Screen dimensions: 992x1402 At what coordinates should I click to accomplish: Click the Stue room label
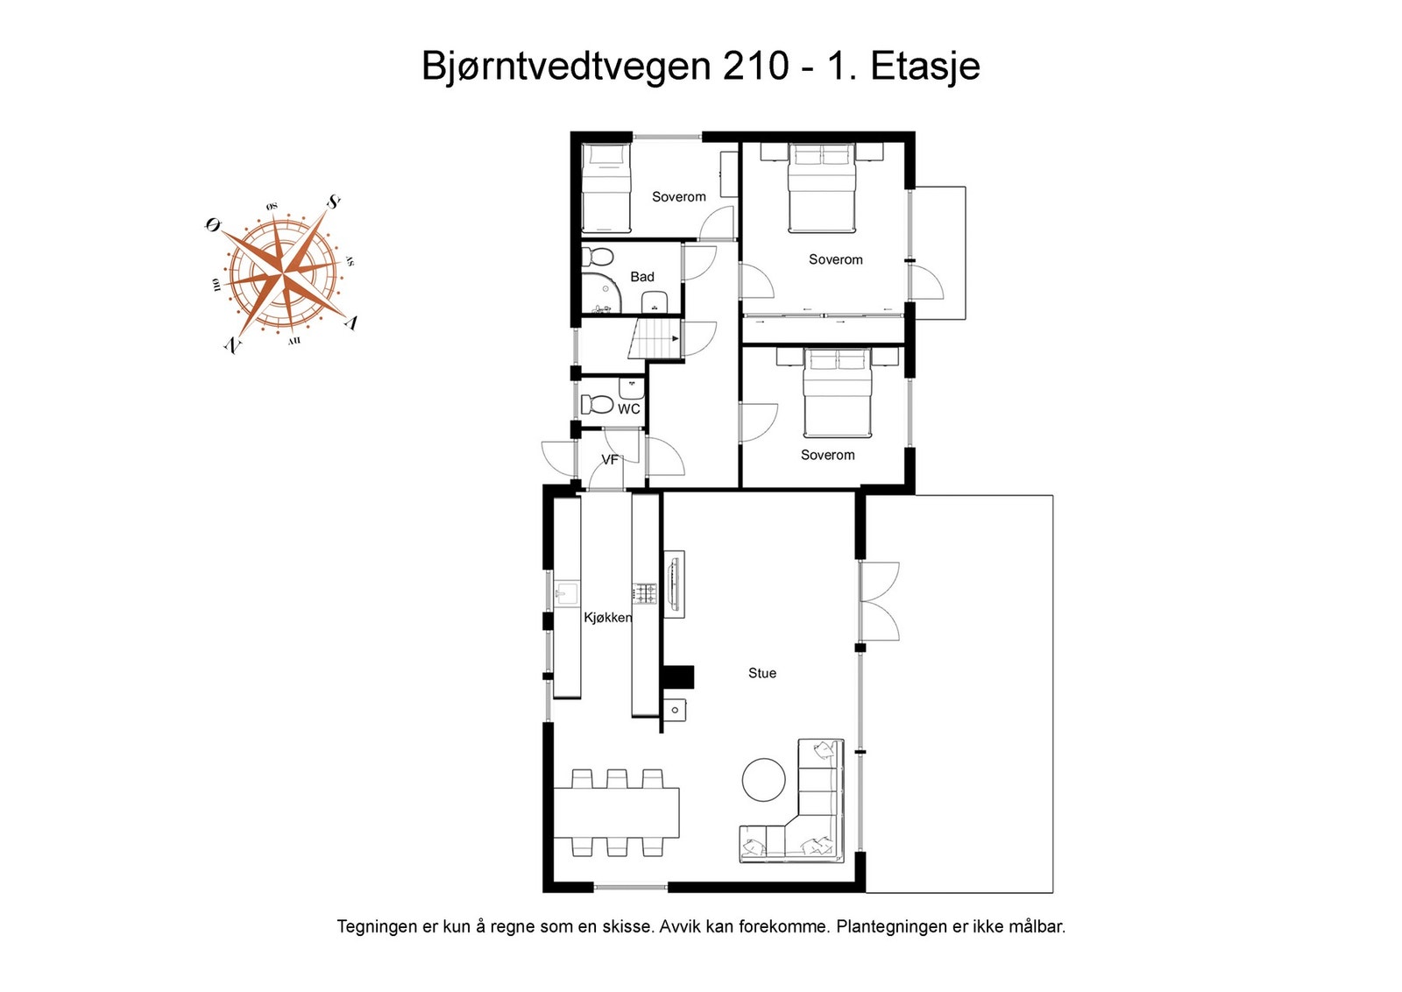tap(761, 673)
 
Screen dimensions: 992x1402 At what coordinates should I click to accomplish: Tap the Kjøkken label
tap(607, 618)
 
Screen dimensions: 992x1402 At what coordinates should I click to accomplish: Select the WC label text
tap(629, 409)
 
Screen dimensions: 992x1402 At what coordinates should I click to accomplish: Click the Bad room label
tap(642, 277)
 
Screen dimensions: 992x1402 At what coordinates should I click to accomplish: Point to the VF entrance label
tap(610, 460)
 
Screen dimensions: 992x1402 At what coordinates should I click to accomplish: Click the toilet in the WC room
tap(598, 405)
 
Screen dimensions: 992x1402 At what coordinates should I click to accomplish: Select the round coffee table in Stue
tap(764, 780)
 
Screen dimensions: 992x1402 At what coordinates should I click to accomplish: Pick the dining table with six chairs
tap(616, 813)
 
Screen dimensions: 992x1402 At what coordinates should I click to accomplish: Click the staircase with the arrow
tap(655, 339)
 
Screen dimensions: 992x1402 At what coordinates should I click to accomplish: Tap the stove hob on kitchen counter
tap(646, 594)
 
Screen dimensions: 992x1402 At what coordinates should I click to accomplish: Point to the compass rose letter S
tap(334, 202)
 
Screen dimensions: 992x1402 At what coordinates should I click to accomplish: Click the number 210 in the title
tap(755, 66)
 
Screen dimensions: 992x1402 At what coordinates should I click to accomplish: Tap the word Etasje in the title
tap(924, 66)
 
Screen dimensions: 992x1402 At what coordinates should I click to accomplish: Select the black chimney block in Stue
tap(677, 677)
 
